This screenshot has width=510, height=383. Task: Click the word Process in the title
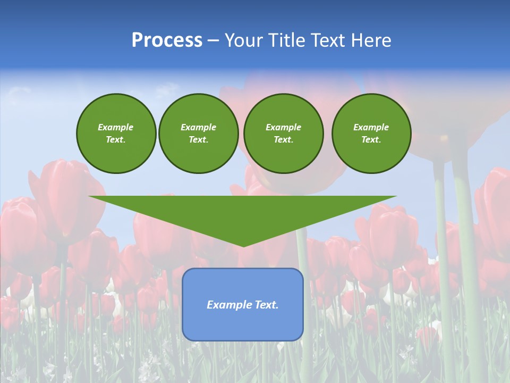167,40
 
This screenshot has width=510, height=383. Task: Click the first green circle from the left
116,134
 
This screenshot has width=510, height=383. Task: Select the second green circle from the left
198,134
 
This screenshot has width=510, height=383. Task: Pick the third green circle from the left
283,134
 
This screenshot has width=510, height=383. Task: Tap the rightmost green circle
371,134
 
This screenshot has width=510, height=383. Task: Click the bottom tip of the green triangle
243,246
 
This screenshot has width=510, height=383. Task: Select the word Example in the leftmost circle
116,127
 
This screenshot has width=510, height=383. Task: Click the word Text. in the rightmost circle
371,140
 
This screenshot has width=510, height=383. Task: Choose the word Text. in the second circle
198,140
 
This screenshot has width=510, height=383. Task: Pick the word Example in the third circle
283,127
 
